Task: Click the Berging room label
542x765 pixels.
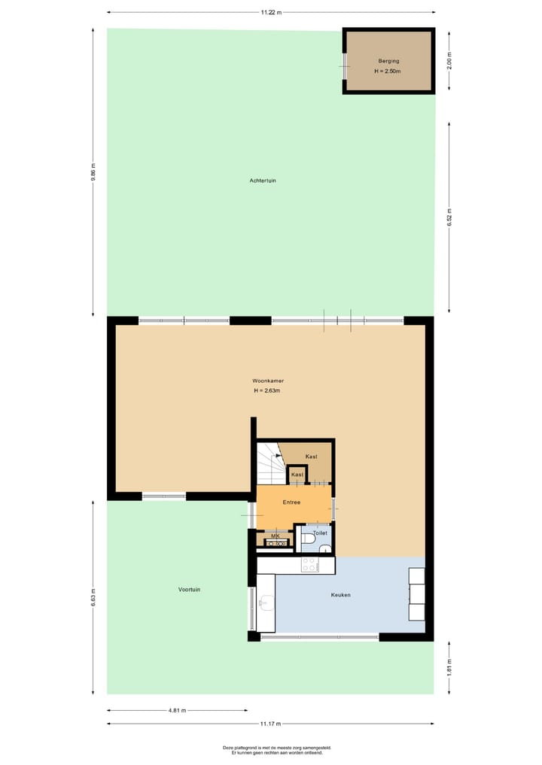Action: click(389, 60)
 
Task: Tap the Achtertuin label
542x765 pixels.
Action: click(263, 181)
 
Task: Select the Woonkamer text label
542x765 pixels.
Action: click(267, 381)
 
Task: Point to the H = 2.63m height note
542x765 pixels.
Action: click(267, 391)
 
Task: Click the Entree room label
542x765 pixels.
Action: click(291, 502)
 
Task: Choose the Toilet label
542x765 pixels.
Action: click(320, 533)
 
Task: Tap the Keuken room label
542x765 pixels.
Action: click(341, 595)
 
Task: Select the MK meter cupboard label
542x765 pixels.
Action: click(275, 536)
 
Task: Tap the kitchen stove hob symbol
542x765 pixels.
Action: click(309, 564)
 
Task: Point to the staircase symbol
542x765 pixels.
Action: click(268, 463)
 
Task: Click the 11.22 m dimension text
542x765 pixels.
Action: click(271, 12)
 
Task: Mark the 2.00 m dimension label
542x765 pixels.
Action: click(449, 61)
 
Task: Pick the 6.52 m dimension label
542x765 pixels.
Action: click(449, 217)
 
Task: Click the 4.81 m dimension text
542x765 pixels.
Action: click(177, 710)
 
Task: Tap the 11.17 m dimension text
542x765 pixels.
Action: click(270, 724)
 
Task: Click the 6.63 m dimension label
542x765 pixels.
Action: click(93, 597)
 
